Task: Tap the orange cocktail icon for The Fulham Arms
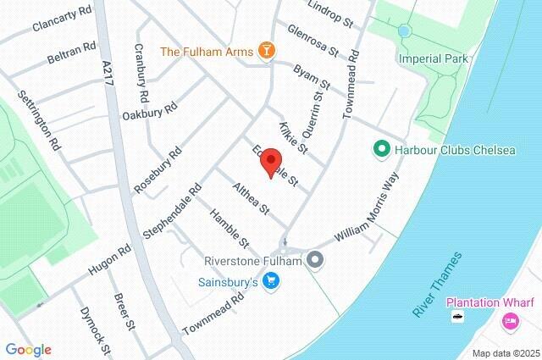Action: [x=267, y=52]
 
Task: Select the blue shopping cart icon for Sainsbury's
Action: [x=271, y=280]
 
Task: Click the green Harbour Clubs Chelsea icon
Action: [x=381, y=150]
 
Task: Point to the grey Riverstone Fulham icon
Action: [x=315, y=260]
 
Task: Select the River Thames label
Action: [x=438, y=285]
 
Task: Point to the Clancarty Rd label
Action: [x=61, y=20]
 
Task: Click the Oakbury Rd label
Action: [x=150, y=111]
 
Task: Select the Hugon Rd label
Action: [x=110, y=261]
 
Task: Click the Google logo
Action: [x=28, y=350]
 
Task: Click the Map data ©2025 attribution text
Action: [x=505, y=353]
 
